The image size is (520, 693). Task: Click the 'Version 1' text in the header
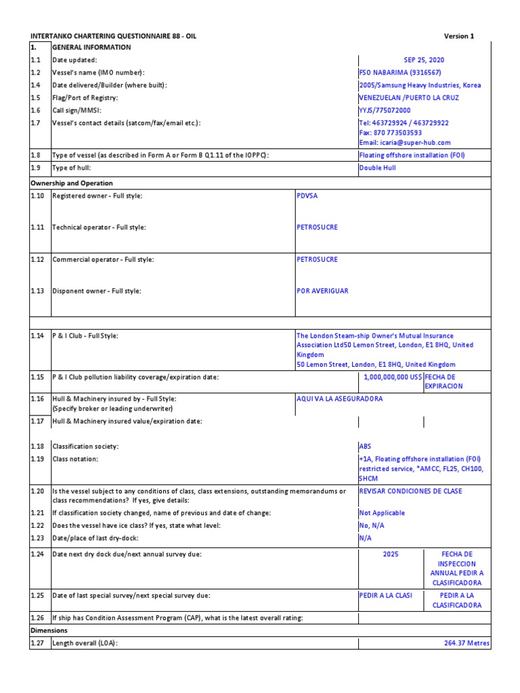459,36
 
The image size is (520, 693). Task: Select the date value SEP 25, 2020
424,60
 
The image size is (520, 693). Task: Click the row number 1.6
35,110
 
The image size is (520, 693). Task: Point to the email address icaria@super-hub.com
404,143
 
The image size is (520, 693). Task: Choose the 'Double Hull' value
377,168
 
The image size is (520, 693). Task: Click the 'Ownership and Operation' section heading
72,183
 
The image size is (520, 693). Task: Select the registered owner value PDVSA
307,196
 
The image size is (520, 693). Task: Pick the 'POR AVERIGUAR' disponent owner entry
322,291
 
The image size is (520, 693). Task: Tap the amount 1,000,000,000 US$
393,377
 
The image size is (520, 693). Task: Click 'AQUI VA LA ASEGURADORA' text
339,399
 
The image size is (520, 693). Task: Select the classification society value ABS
366,447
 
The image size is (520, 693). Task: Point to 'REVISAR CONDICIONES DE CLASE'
410,491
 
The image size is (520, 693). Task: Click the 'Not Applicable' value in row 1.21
382,513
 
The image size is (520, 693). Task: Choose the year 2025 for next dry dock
391,554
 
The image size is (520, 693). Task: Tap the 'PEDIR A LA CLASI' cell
385,596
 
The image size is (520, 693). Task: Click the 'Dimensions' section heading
49,631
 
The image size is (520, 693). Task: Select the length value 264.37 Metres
467,643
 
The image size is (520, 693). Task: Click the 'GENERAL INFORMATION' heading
91,47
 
